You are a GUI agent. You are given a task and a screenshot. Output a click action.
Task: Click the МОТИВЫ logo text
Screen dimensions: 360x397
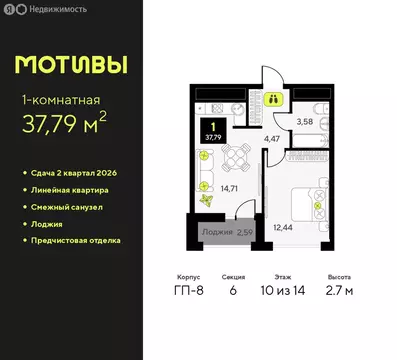(71, 65)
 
